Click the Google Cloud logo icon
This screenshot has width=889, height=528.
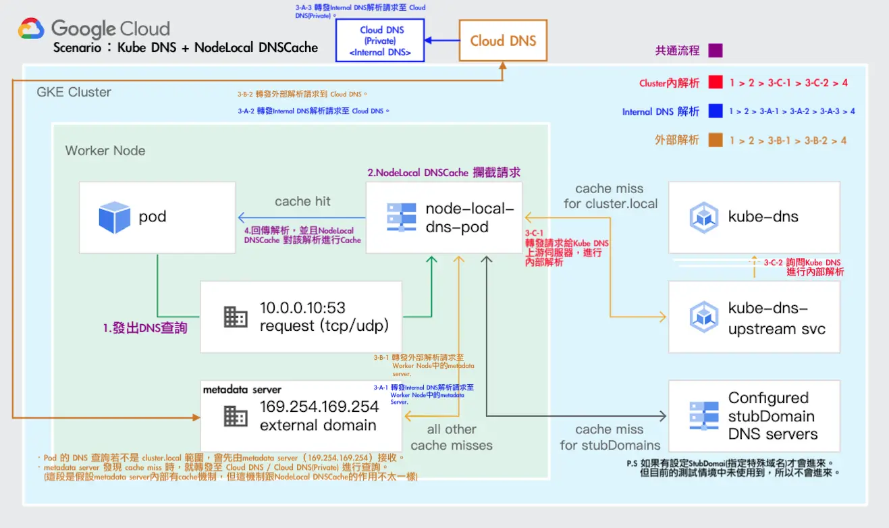tap(31, 28)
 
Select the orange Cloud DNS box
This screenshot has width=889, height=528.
tap(503, 41)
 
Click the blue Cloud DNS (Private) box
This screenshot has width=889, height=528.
tap(381, 41)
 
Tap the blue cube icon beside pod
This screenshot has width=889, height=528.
tap(114, 217)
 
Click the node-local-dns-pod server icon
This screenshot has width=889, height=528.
tap(401, 217)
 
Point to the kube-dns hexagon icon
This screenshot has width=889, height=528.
tap(703, 217)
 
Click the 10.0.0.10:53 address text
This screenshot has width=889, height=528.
tap(302, 309)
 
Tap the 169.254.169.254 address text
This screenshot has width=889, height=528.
tap(319, 406)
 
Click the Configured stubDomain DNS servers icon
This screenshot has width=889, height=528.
tap(703, 416)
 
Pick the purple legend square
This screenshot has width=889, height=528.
tap(716, 51)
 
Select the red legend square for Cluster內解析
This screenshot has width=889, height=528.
tap(716, 83)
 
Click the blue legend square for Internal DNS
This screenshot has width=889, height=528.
tap(716, 111)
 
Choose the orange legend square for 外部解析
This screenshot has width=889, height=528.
tap(716, 140)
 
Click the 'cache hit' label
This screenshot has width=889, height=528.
tap(302, 201)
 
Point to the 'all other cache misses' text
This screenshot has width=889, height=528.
tap(452, 437)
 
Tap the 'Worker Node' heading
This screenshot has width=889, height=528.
tap(105, 151)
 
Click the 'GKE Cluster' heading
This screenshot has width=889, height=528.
tap(74, 92)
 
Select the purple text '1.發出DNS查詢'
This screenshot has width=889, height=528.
tap(144, 328)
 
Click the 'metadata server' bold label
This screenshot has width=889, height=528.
tap(242, 390)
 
